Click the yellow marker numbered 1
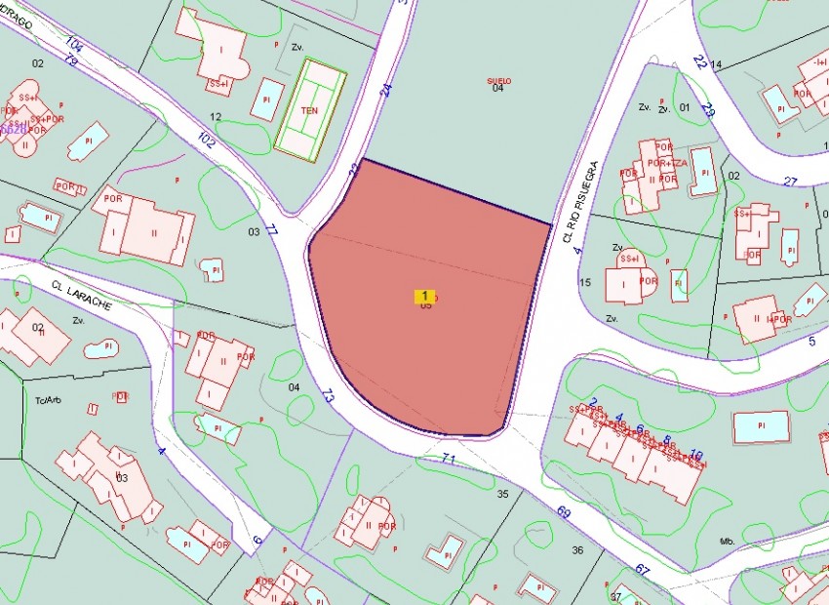424,296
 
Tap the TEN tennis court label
309,110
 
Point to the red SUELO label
498,81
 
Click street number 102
206,140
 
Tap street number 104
75,44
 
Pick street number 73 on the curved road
327,396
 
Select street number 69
564,511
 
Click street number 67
641,569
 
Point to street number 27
790,181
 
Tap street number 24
386,90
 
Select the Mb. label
727,540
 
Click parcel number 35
503,494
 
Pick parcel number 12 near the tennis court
217,117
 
